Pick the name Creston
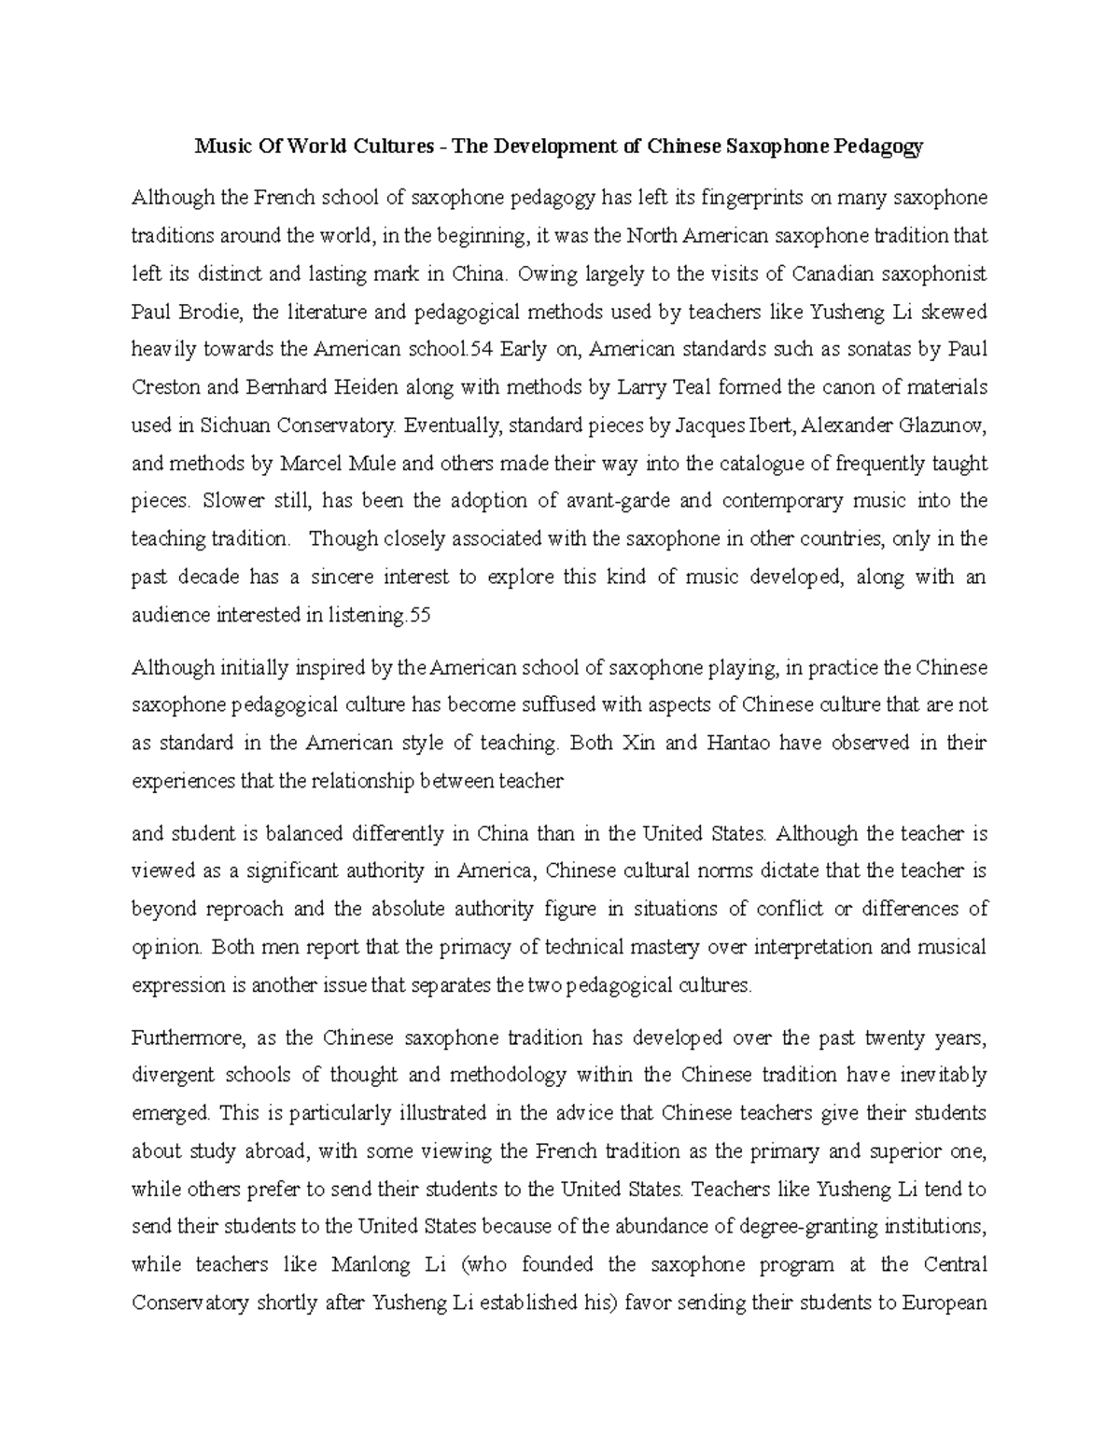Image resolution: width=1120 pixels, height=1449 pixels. coord(163,387)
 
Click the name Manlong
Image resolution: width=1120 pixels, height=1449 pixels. coord(371,1265)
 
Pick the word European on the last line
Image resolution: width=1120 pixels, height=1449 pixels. coord(945,1303)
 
